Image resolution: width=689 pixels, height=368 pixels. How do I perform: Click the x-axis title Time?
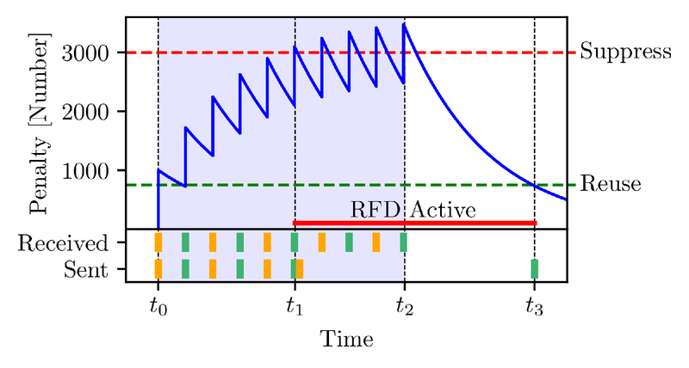(x=346, y=339)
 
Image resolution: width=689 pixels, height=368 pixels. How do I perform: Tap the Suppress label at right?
(x=624, y=52)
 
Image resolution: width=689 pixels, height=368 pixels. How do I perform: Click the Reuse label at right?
(x=610, y=184)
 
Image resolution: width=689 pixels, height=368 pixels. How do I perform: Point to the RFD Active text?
(x=413, y=210)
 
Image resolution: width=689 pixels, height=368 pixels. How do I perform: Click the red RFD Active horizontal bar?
(x=414, y=223)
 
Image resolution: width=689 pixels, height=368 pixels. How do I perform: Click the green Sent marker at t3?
(x=534, y=269)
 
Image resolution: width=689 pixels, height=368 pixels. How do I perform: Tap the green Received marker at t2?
(x=403, y=242)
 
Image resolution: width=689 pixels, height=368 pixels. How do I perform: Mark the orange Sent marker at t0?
(x=158, y=269)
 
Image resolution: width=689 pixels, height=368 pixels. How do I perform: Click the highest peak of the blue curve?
(x=404, y=24)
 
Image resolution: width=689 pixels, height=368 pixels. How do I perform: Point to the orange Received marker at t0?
(x=158, y=242)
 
